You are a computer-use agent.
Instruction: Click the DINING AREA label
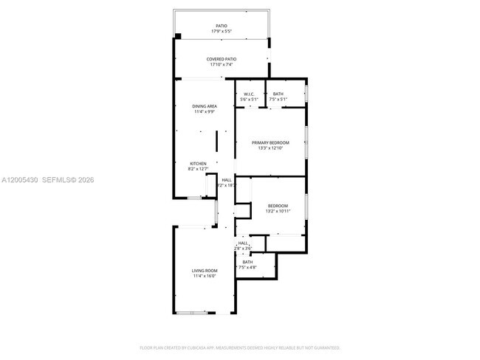[205, 106]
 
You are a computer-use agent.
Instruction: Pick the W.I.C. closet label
[249, 94]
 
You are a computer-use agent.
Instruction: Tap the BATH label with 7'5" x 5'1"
[278, 94]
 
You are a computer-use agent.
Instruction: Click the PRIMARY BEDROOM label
[270, 142]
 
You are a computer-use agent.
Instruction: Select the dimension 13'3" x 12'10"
[270, 148]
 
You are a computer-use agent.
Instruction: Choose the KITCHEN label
[198, 163]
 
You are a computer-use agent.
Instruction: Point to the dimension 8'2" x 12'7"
[198, 169]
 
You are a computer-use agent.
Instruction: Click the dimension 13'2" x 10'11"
[278, 211]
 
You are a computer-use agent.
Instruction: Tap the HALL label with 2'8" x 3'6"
[243, 243]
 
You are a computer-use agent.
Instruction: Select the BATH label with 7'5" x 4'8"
[247, 262]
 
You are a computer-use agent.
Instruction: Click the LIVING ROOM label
[205, 271]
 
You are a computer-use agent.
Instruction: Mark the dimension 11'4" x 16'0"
[205, 277]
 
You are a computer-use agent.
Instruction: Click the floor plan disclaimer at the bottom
[239, 347]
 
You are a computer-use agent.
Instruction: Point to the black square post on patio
[178, 36]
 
